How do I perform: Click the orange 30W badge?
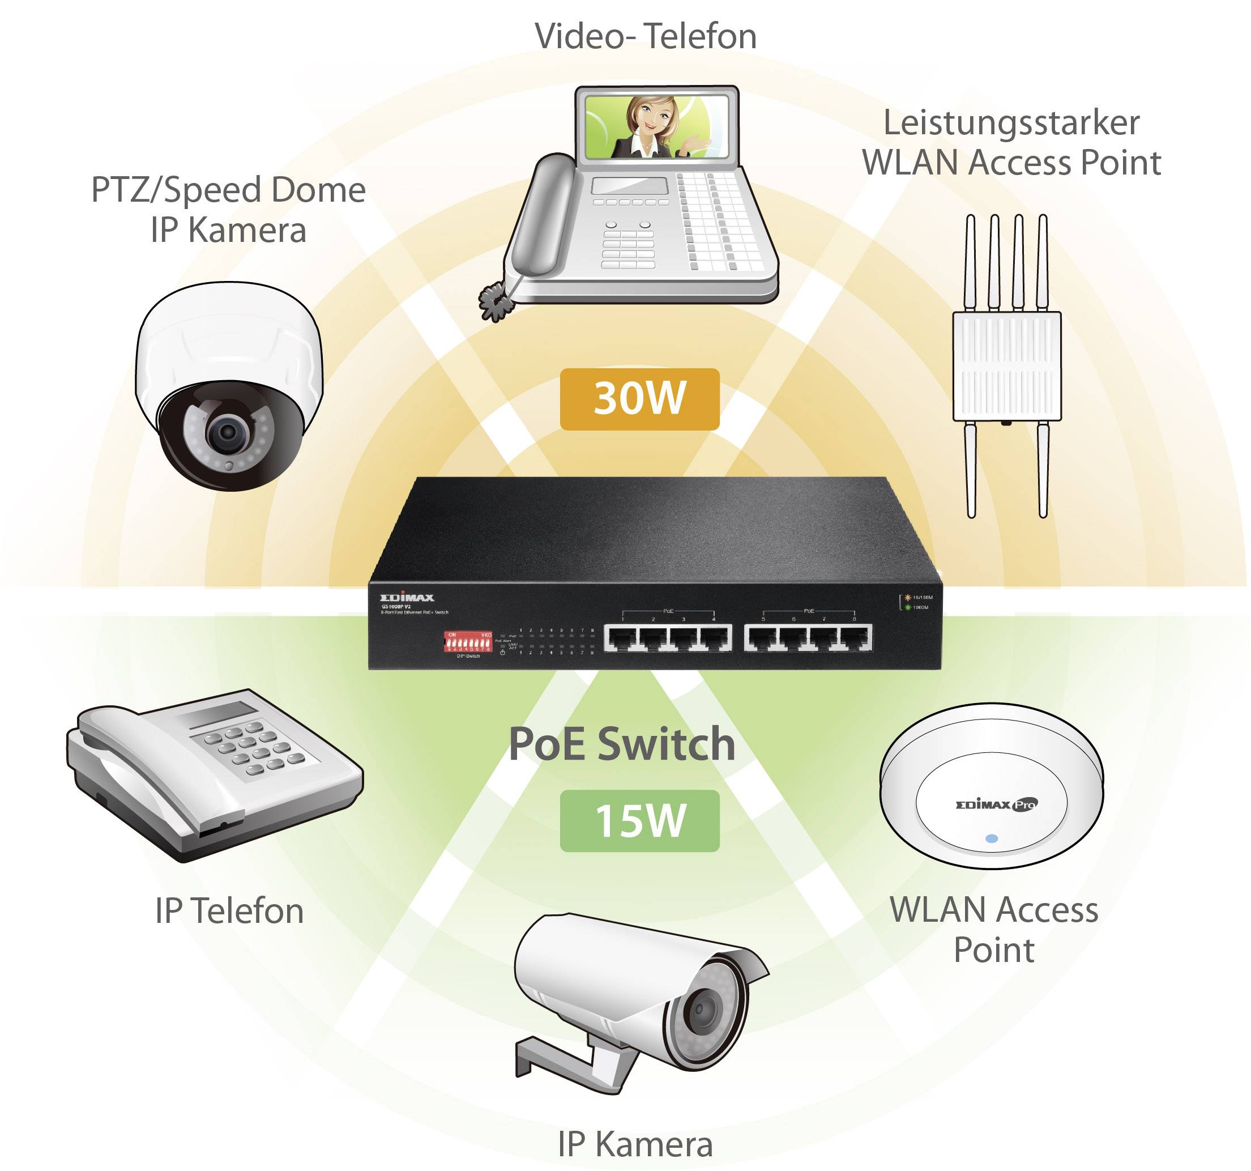639,399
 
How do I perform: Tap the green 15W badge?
639,821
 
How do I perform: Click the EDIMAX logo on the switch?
407,598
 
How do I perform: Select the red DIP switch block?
468,643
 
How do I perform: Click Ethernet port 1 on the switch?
621,639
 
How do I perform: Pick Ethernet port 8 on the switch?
855,639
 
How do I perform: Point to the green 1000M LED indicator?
908,607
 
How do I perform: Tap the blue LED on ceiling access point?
992,838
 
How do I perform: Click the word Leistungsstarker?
1011,123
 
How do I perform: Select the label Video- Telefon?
645,36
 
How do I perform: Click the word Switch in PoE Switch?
666,744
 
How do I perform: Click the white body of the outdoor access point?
1007,366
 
